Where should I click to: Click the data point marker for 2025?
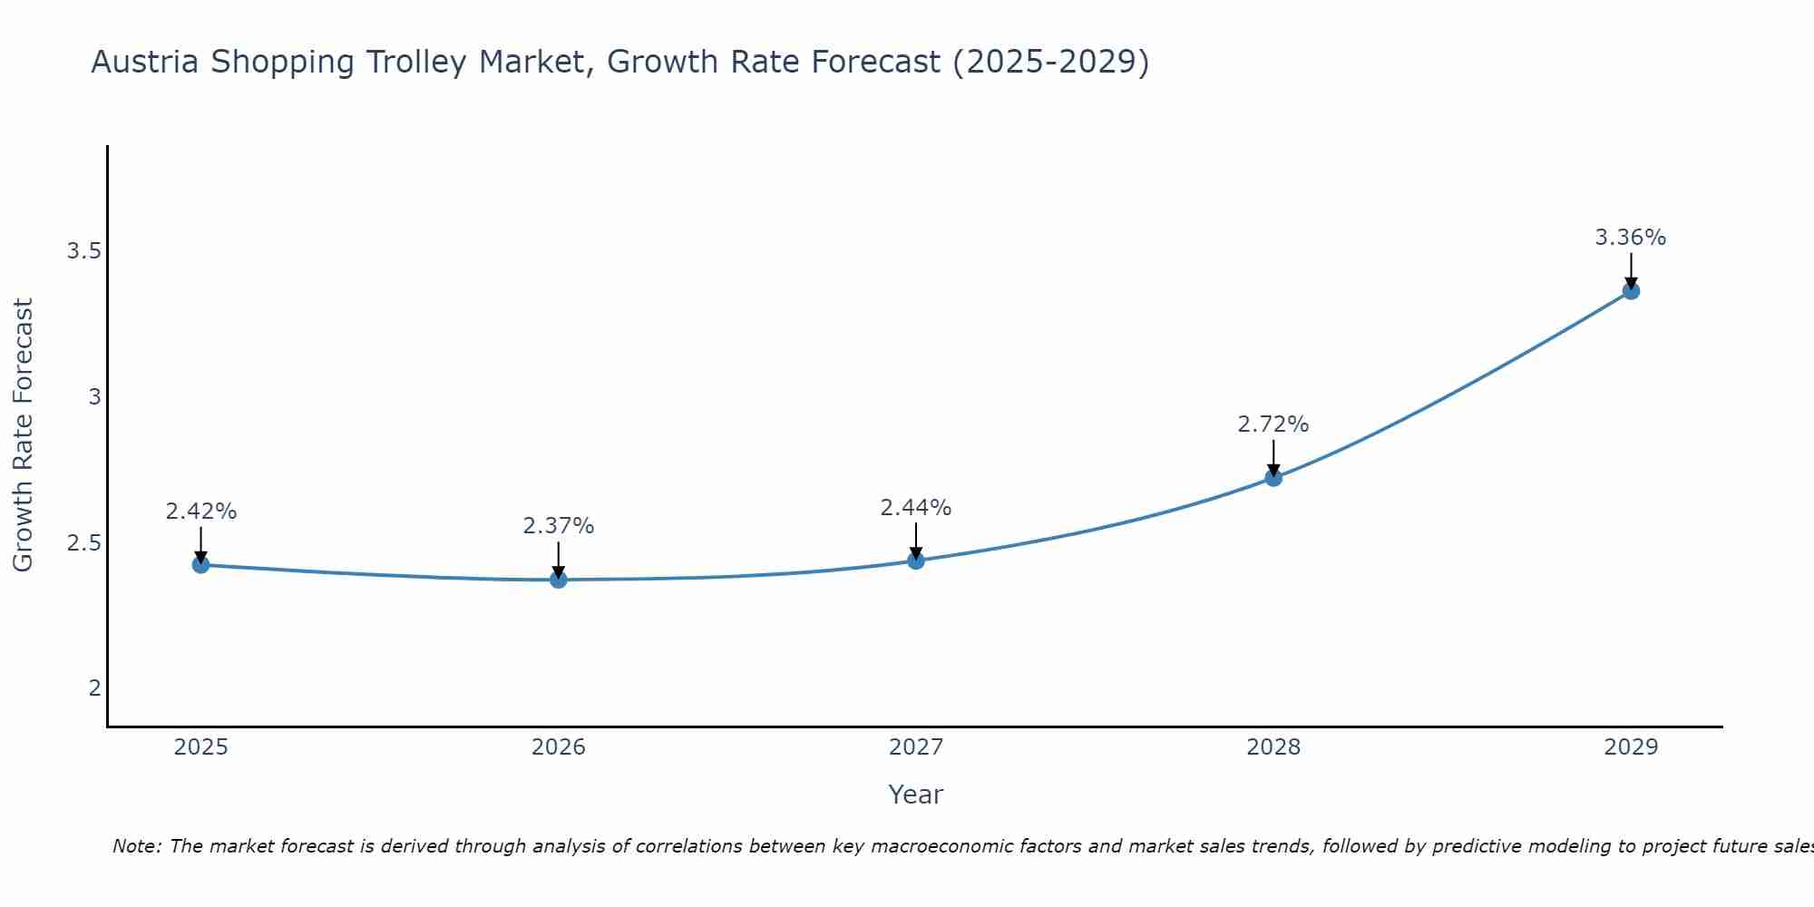[x=200, y=565]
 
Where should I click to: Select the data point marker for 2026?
[x=559, y=580]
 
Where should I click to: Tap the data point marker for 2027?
[x=916, y=561]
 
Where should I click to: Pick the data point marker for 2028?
[x=1273, y=478]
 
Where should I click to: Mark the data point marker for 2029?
[x=1631, y=291]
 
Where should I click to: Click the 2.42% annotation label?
[x=200, y=512]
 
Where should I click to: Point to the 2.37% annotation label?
[x=559, y=526]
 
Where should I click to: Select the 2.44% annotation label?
[x=916, y=508]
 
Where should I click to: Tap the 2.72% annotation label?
[x=1273, y=424]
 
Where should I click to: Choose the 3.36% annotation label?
[x=1631, y=238]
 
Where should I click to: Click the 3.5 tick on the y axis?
[x=83, y=251]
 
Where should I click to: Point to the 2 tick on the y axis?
[x=94, y=688]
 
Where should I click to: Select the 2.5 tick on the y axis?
[x=83, y=543]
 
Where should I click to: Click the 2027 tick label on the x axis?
[x=916, y=747]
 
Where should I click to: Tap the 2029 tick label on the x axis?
[x=1631, y=747]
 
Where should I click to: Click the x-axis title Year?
[x=916, y=795]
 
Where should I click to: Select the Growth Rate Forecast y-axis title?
[x=23, y=435]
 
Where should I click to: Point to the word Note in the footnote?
[x=136, y=846]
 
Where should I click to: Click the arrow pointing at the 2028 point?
[x=1273, y=458]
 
